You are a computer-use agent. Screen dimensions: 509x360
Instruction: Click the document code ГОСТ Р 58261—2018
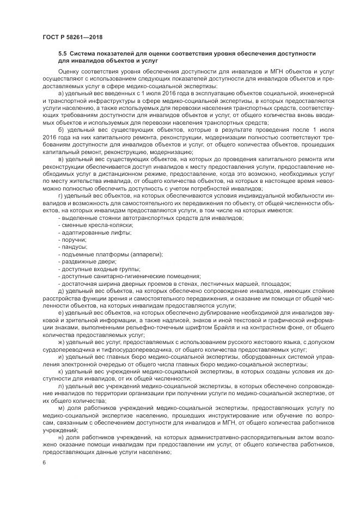pyautogui.click(x=72, y=37)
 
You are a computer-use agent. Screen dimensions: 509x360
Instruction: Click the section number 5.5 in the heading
pyautogui.click(x=63, y=53)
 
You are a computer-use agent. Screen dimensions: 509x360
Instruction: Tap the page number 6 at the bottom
pyautogui.click(x=44, y=462)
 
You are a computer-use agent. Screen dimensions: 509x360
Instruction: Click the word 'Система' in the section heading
pyautogui.click(x=83, y=53)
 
